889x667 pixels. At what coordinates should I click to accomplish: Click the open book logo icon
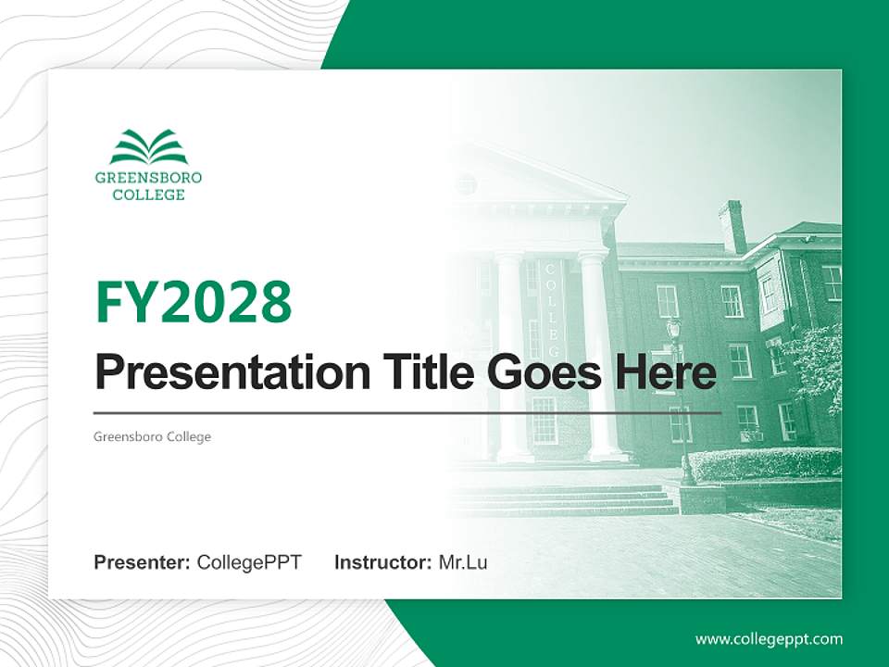[148, 147]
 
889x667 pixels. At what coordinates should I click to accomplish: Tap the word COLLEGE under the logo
[148, 195]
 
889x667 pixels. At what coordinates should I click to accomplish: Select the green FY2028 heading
[194, 301]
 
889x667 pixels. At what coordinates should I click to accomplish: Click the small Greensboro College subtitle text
[152, 436]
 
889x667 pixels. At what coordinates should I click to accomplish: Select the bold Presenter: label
[143, 562]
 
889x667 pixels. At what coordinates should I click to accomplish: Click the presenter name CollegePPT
[249, 562]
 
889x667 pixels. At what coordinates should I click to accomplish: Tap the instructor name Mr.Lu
[462, 562]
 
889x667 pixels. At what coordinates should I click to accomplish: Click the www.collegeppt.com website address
[769, 639]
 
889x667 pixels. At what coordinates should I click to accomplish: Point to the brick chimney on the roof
[732, 225]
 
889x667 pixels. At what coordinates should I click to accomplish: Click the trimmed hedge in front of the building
[764, 464]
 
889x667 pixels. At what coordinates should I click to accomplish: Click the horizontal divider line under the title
[407, 413]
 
